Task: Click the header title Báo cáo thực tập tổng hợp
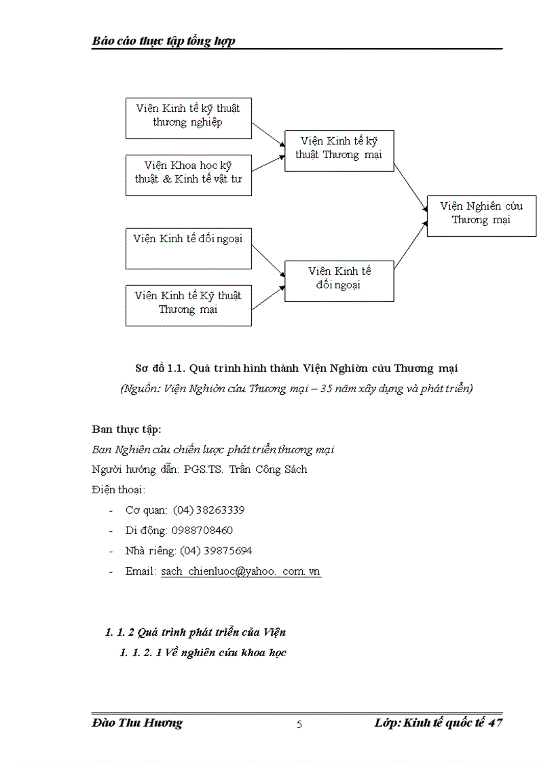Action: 164,41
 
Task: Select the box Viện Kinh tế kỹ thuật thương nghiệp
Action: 188,118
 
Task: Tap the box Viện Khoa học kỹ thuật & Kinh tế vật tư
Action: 188,175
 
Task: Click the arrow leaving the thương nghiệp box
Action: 267,134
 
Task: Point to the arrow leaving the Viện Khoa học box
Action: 267,164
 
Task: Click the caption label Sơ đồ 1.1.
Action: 160,368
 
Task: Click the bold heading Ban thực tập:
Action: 126,429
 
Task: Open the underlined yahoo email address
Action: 240,571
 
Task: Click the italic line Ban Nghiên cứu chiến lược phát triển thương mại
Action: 213,449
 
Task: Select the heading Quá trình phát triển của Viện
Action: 211,632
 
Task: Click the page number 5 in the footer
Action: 299,724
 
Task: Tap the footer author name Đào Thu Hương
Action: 137,723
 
